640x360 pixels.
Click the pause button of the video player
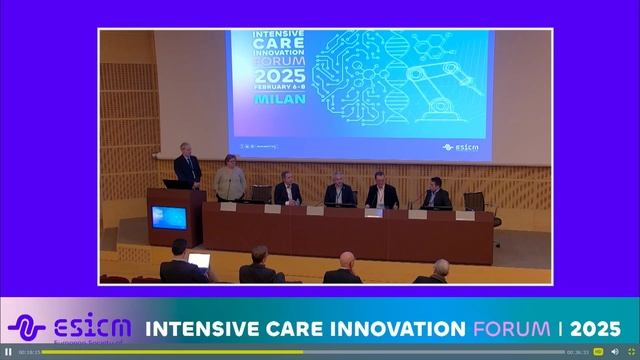pos(8,352)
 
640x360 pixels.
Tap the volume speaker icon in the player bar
pos(614,352)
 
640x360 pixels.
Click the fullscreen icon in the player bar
pos(630,352)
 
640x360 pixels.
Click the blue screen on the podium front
pos(168,217)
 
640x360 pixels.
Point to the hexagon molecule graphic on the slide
pos(440,50)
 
